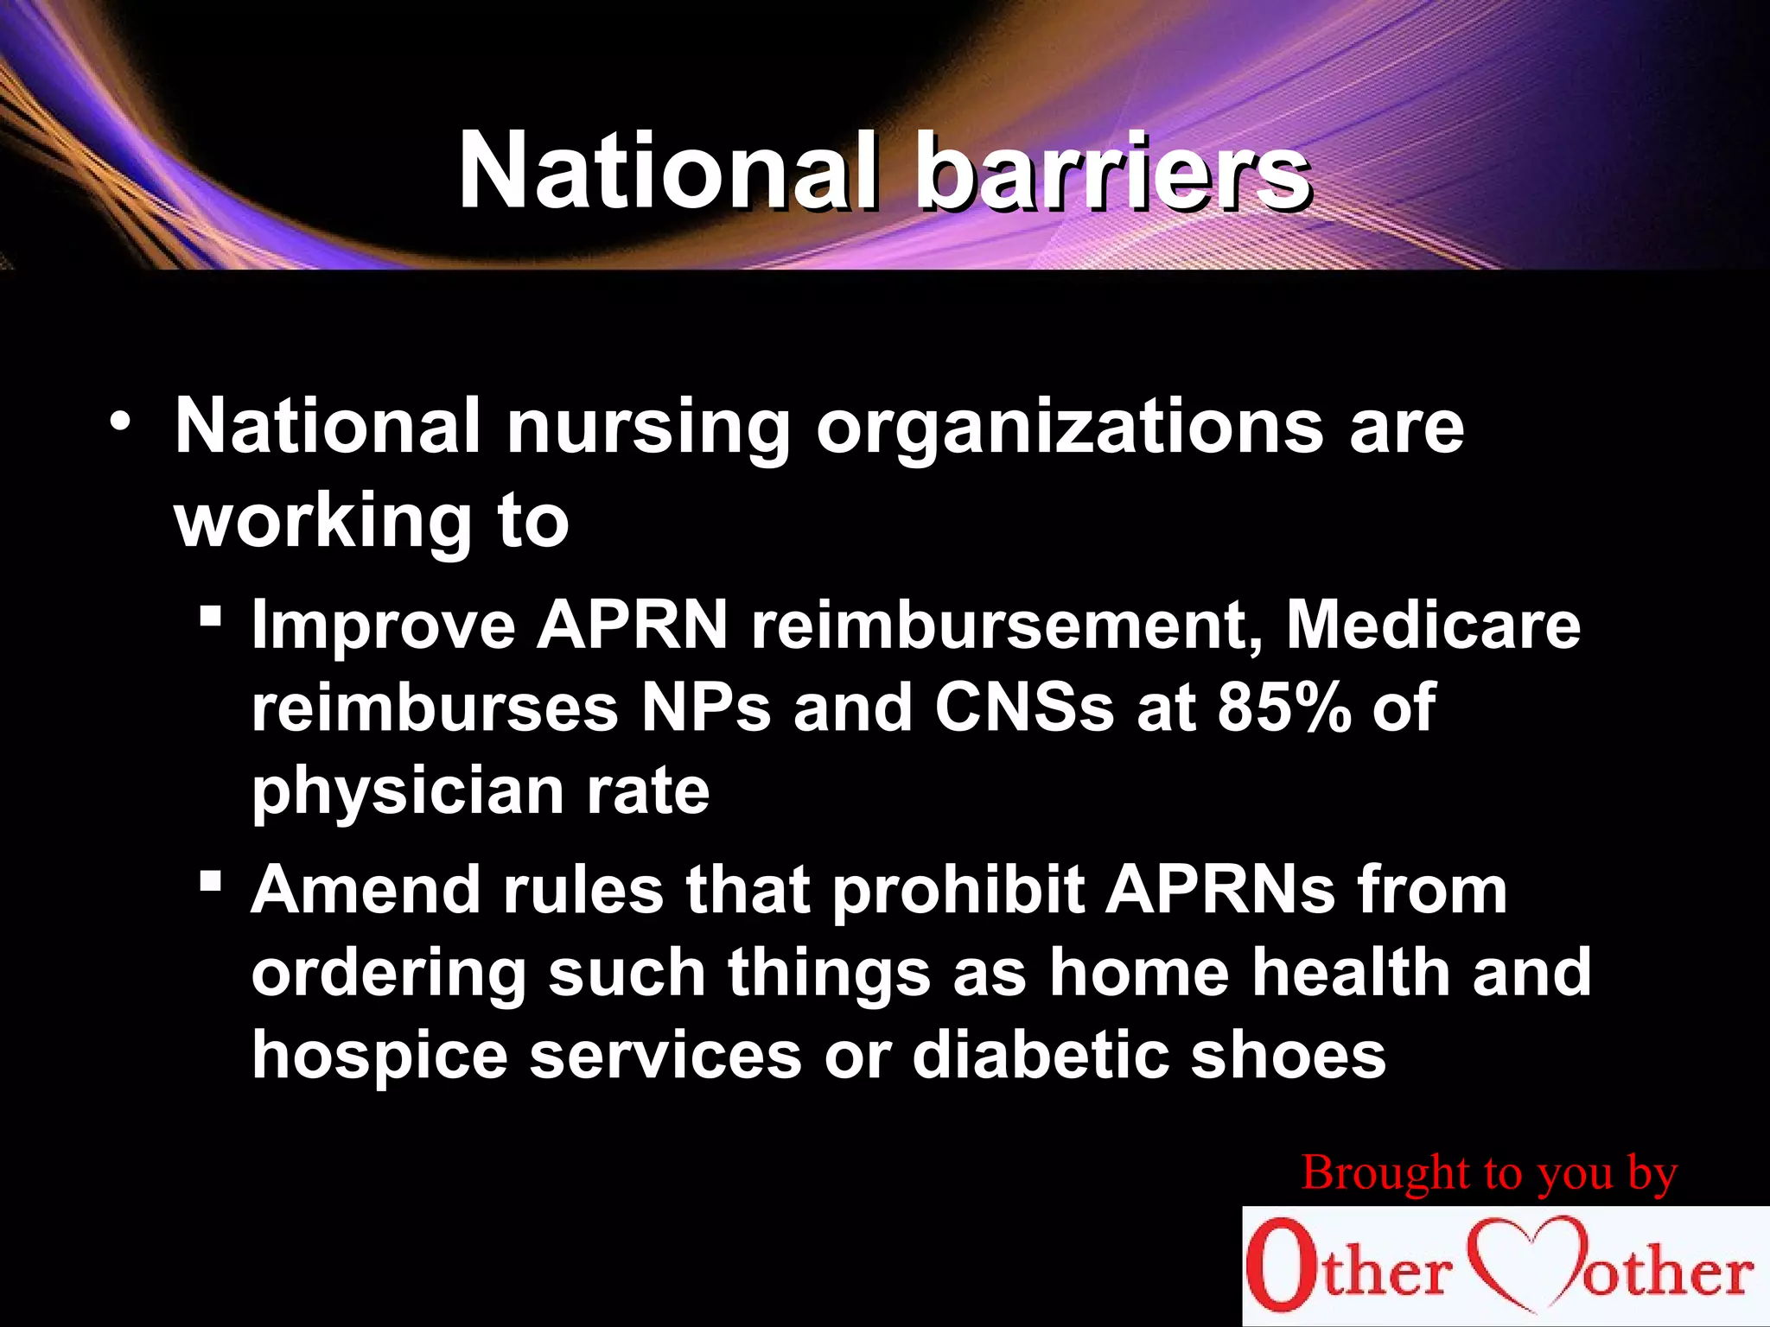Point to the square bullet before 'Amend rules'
pyautogui.click(x=210, y=882)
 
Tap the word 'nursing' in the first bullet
pyautogui.click(x=648, y=428)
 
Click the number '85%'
pyautogui.click(x=1284, y=708)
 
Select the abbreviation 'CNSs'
pyautogui.click(x=1024, y=708)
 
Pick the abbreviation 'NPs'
pyautogui.click(x=704, y=708)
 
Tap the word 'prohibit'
pyautogui.click(x=958, y=890)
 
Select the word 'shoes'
pyautogui.click(x=1289, y=1056)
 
